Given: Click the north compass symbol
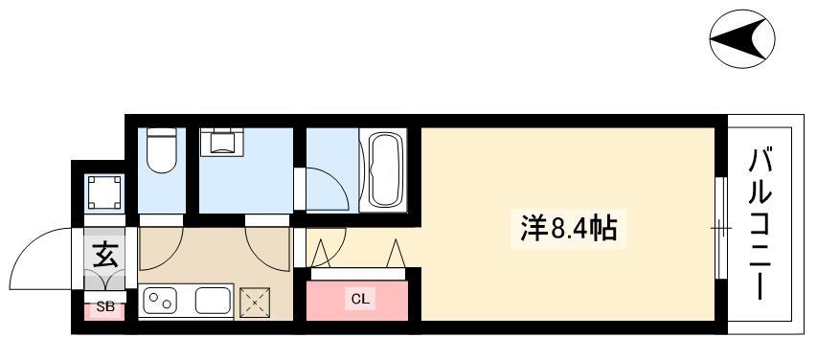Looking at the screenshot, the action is coord(742,38).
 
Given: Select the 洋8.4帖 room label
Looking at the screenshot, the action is coord(569,229).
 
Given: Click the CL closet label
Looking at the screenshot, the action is coord(360,300).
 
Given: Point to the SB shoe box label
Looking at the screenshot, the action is coord(105,307).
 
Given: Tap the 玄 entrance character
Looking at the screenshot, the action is coord(105,255).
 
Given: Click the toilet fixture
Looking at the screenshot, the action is coord(162,150).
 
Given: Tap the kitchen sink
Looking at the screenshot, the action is coord(213,301).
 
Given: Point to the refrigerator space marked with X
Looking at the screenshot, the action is coord(255,302).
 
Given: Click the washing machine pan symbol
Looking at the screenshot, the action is coord(104,191).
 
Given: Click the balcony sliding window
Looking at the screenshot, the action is coord(720,228).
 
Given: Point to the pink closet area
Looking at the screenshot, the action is coord(357,301).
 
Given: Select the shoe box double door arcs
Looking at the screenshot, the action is coord(105,281).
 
